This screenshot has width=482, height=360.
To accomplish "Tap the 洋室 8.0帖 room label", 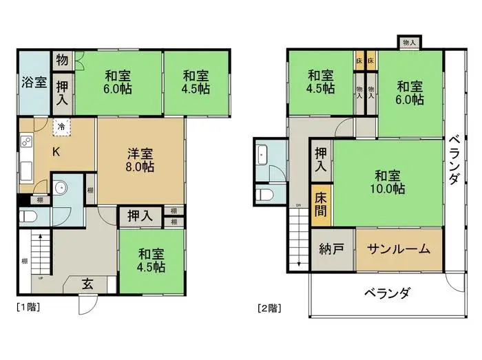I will (140, 160).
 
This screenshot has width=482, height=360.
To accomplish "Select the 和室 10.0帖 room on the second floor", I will (389, 181).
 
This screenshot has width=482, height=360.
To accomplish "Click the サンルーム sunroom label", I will (398, 248).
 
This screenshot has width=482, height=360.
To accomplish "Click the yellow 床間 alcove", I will (322, 204).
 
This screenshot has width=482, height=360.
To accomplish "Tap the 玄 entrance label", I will (90, 282).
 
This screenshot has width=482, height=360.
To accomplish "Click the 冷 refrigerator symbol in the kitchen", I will (61, 127).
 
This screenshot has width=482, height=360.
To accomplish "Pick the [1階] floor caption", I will (27, 307).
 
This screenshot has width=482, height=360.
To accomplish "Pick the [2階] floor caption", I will (269, 307).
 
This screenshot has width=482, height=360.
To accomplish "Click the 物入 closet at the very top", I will (409, 43).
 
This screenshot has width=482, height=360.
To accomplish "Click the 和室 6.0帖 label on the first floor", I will (118, 82).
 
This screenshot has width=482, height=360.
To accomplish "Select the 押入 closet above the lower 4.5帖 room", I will (140, 216).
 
